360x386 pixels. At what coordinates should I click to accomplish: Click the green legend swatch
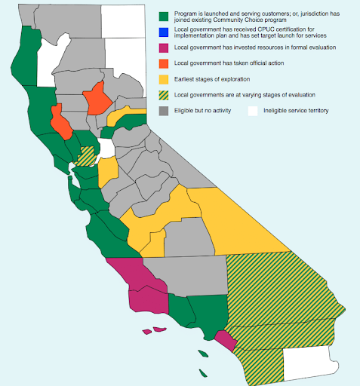164,17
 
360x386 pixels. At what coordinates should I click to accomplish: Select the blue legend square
164,32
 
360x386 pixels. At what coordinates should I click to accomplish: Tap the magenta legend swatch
164,47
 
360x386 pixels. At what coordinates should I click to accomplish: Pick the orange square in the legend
164,63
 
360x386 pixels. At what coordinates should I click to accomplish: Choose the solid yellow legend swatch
164,79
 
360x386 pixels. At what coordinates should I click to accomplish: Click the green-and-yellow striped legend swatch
164,95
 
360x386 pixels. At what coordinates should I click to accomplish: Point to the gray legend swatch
164,111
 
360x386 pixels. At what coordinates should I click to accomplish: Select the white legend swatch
254,111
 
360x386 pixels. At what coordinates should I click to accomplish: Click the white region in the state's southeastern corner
309,366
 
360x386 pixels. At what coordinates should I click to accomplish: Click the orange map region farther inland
97,99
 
